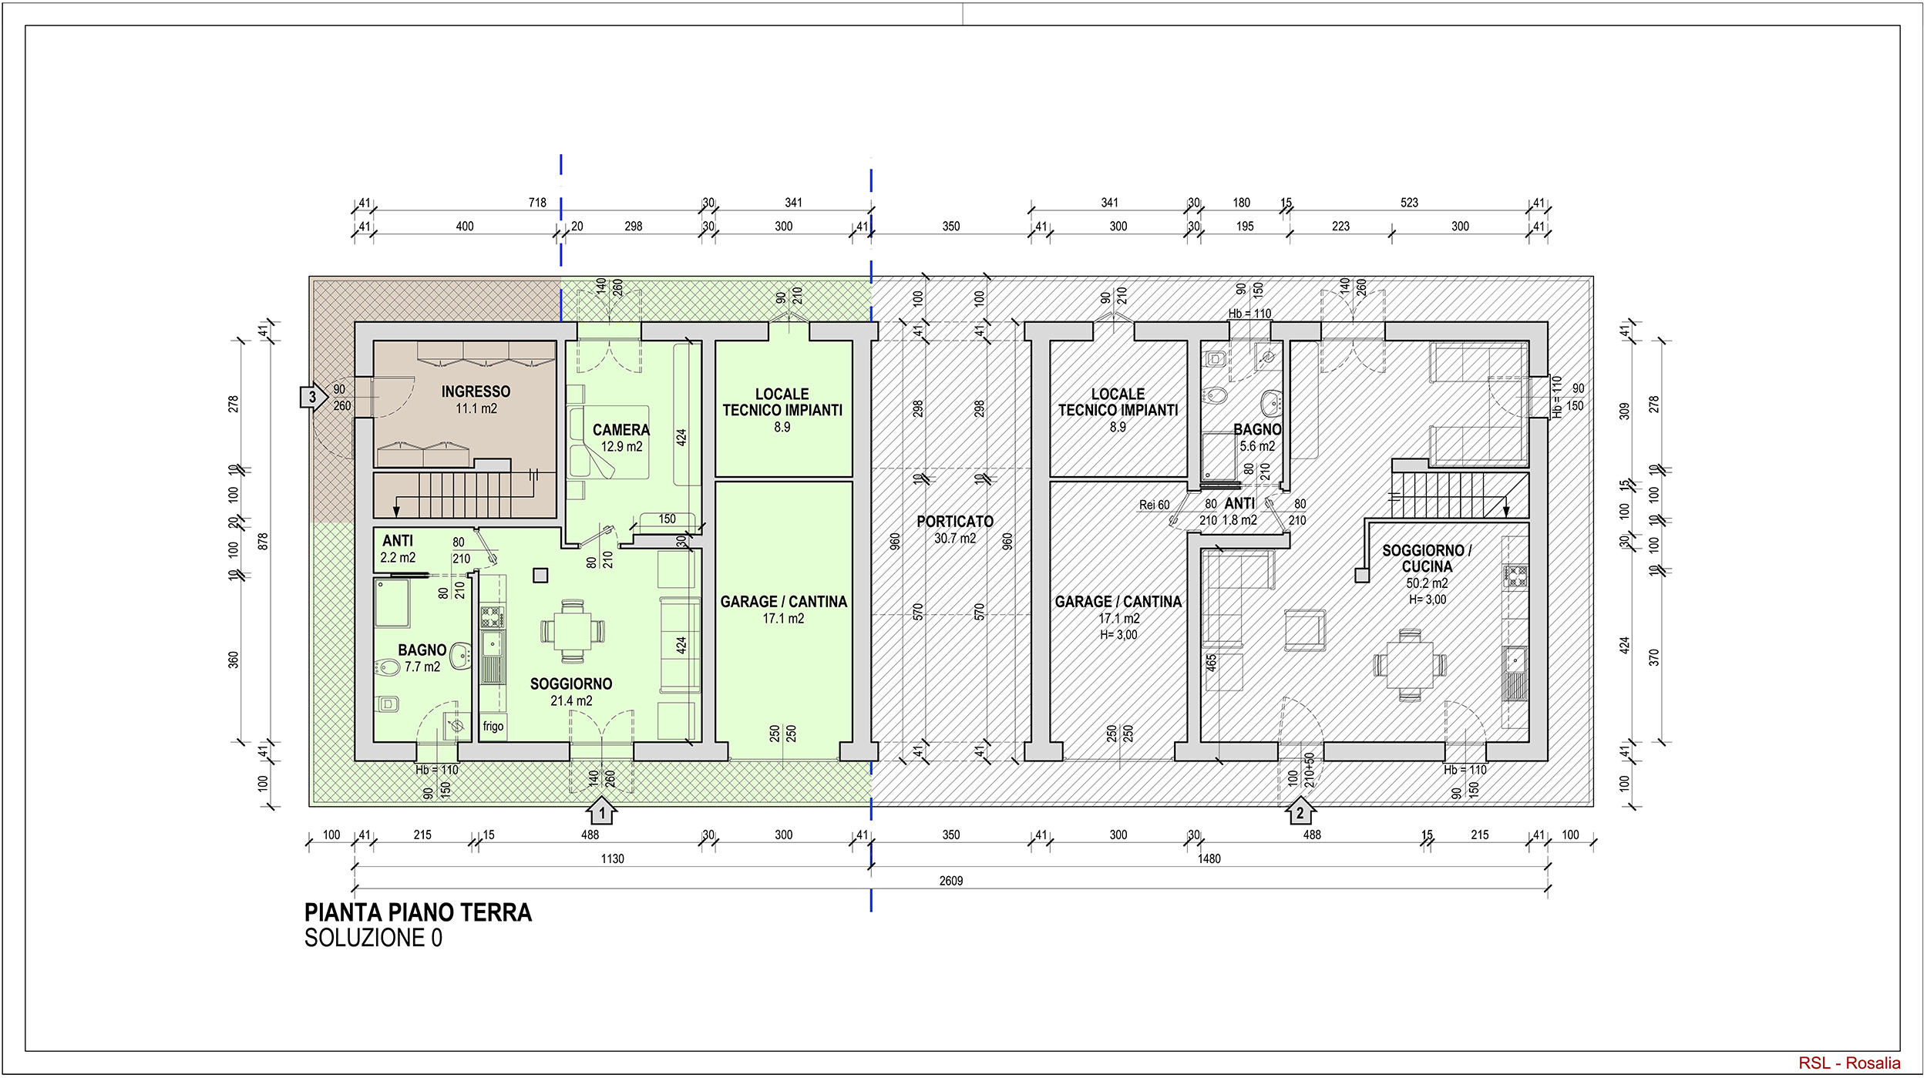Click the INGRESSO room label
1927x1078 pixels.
[476, 391]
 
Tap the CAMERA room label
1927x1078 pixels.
[620, 430]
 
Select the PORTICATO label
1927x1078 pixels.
[955, 522]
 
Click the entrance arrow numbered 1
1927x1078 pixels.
[601, 811]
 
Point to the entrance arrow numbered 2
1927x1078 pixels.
[1300, 811]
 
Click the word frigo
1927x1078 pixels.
[493, 726]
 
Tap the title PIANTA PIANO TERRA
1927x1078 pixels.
[418, 913]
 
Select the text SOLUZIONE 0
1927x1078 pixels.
[373, 939]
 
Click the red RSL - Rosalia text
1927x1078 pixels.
[1849, 1063]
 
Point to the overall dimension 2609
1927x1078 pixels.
[951, 881]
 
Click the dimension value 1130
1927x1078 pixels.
[613, 858]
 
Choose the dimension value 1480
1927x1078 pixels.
[1209, 858]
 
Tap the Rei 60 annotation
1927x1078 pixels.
[1154, 505]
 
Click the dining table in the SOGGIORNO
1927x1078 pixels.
[573, 631]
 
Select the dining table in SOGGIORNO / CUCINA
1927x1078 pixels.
[1410, 665]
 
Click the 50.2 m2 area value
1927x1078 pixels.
[1427, 583]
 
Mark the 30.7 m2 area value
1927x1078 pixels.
[955, 539]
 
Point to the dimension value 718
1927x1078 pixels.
[537, 203]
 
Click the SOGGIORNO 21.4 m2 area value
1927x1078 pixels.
[571, 700]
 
